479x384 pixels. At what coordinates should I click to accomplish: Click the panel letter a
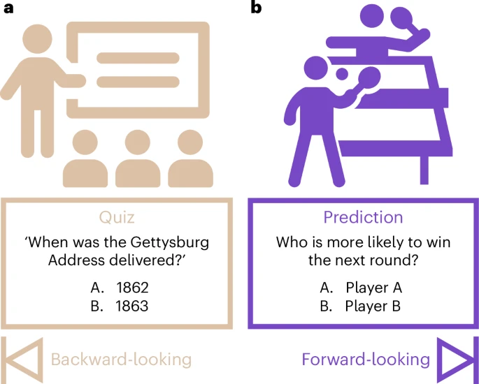(x=8, y=8)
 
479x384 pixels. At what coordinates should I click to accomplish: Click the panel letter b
(x=256, y=7)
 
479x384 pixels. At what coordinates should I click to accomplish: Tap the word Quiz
(x=117, y=217)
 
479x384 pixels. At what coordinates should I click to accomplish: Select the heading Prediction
(x=363, y=217)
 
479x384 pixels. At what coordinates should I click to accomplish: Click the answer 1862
(x=133, y=288)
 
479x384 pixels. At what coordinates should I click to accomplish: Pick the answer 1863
(x=132, y=306)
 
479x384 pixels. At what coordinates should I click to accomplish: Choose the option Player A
(x=374, y=288)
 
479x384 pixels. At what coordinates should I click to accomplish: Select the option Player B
(x=373, y=307)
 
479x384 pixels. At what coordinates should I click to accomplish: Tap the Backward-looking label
(x=121, y=360)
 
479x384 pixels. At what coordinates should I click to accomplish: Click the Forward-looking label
(x=366, y=360)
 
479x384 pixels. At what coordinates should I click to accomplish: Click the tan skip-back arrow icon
(x=22, y=360)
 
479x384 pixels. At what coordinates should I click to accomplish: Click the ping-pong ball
(x=342, y=73)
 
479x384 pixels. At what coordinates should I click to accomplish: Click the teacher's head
(x=37, y=39)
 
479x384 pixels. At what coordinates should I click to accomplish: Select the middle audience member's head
(x=138, y=142)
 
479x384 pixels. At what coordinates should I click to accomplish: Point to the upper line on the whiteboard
(x=138, y=58)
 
